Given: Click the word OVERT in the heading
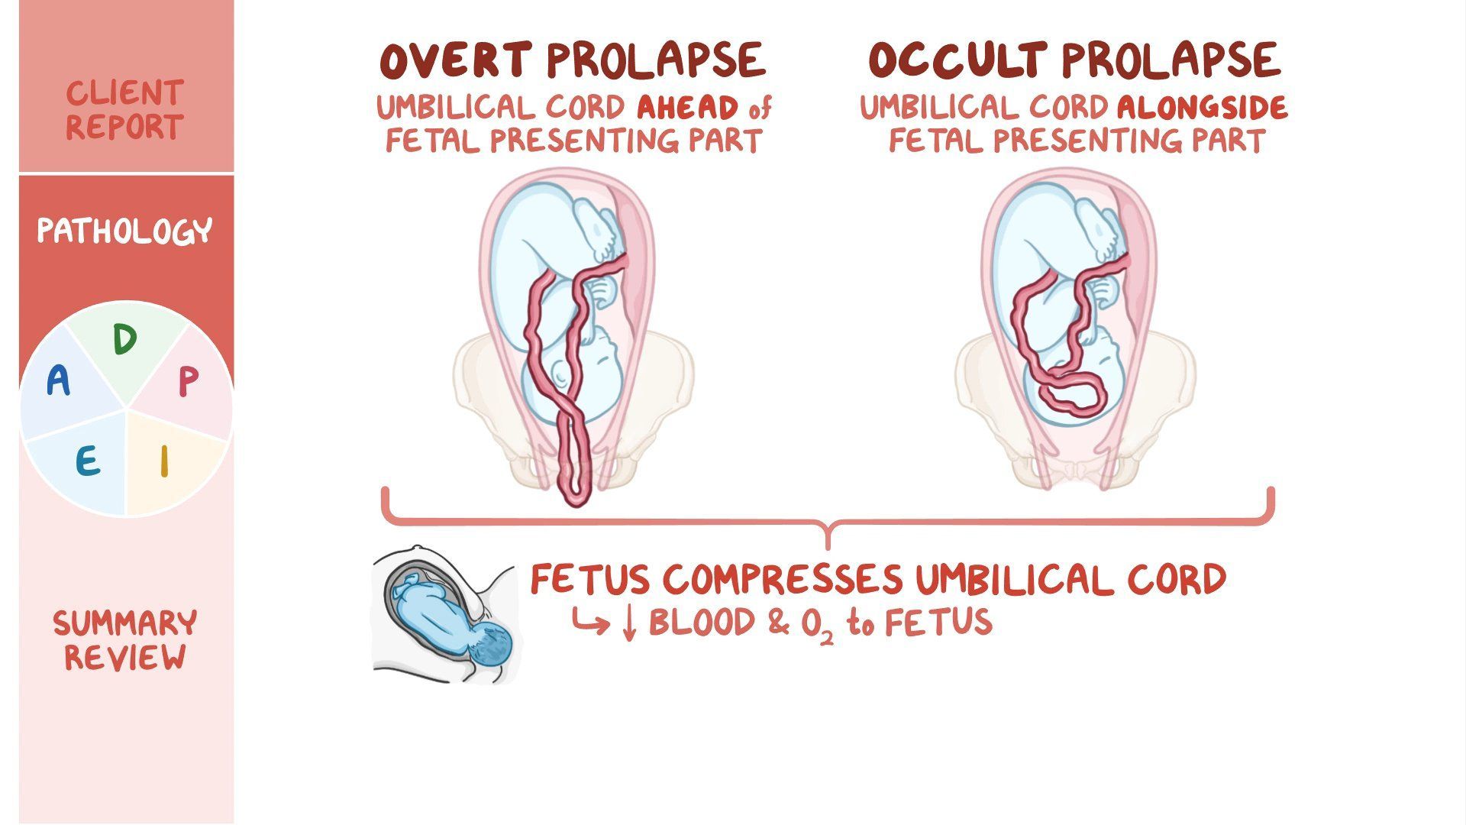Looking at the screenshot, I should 456,61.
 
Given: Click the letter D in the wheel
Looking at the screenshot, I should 124,340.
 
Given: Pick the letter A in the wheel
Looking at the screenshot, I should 58,380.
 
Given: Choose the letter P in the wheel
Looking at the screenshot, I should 188,382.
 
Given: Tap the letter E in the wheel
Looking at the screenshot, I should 87,461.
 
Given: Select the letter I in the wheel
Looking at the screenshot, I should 163,461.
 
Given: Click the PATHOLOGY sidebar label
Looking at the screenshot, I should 124,231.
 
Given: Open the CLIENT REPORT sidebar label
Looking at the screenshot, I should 124,110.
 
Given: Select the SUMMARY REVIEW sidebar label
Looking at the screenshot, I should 124,640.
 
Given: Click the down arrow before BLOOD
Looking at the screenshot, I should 629,623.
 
